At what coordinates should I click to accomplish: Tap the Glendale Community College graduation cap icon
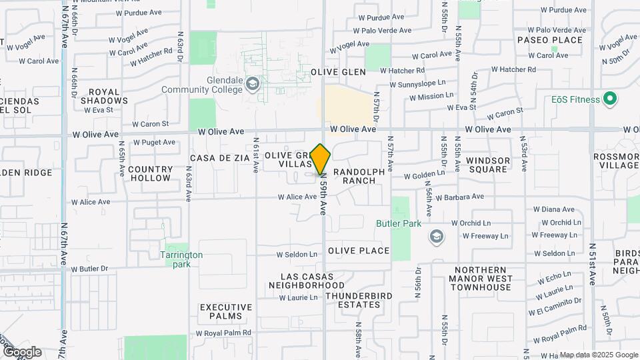252,84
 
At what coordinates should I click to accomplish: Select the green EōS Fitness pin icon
609,100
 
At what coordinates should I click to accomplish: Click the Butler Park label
399,224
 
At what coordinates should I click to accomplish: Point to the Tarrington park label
181,259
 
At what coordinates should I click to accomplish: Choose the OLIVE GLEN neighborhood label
338,72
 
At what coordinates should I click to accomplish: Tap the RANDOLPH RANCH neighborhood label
359,176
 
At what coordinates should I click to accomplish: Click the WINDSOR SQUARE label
488,165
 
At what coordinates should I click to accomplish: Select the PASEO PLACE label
550,40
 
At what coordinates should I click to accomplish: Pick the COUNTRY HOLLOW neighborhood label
150,173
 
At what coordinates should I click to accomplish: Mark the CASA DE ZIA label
219,158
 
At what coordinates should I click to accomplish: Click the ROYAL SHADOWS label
104,96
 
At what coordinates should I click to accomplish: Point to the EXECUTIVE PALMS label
226,312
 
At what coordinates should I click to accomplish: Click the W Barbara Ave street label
460,197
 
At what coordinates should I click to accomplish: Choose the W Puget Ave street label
153,142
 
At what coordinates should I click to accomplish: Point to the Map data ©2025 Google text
598,355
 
